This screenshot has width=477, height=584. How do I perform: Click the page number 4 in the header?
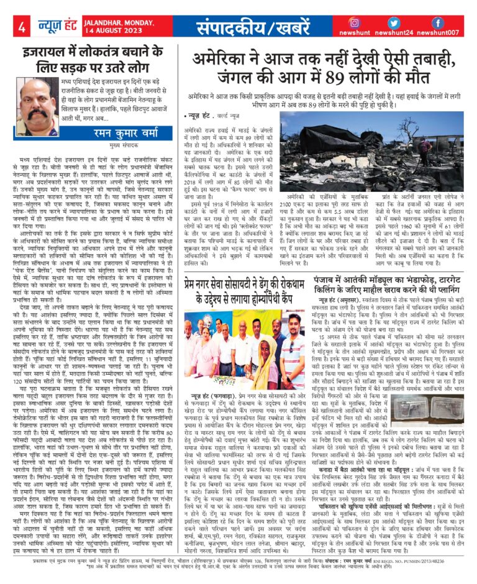click(22, 27)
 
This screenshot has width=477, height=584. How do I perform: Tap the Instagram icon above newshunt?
click(355, 23)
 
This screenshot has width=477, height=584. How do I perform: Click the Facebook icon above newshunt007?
click(437, 23)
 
